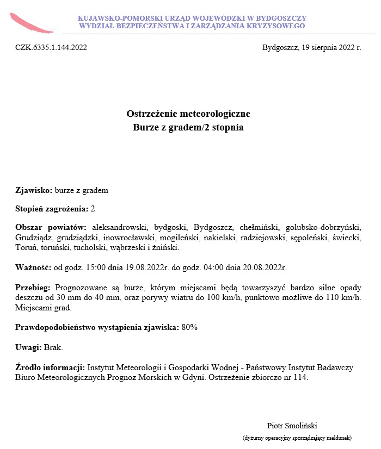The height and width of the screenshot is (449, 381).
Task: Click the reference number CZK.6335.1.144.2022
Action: [x=51, y=47]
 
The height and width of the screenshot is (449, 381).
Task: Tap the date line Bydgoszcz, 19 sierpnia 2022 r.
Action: [x=311, y=47]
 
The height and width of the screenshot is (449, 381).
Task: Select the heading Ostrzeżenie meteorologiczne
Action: [x=188, y=114]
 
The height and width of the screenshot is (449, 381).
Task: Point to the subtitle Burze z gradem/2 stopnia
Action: [x=188, y=128]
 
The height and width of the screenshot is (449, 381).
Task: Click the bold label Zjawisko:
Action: [x=34, y=190]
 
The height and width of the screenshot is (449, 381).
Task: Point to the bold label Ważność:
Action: [x=33, y=267]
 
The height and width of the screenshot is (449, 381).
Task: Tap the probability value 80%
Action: [x=189, y=327]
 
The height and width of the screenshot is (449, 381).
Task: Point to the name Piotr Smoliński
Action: [x=296, y=425]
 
